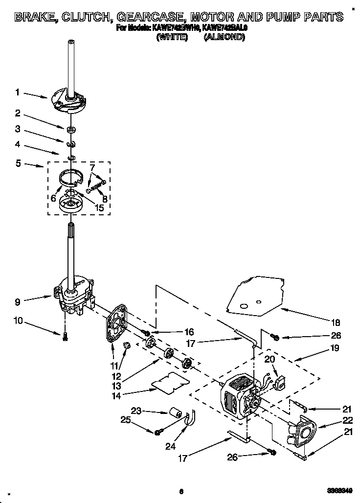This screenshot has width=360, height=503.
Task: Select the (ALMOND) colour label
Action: [224, 36]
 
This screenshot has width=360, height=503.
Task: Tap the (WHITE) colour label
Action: [172, 36]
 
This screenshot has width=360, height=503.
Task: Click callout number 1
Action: [18, 92]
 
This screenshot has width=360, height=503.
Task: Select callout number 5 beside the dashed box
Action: [18, 164]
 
